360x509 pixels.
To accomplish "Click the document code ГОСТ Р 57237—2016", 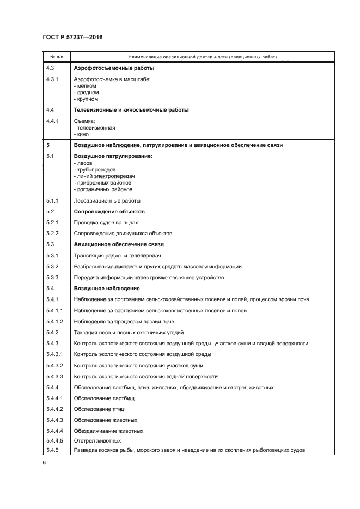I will [x=72, y=36].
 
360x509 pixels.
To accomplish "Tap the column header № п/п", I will [x=56, y=57].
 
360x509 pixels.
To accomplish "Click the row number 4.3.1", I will [x=53, y=79].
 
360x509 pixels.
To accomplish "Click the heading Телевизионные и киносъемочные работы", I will [x=131, y=110].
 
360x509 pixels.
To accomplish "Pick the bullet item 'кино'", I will [x=82, y=134].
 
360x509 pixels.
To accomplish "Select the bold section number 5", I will [x=48, y=146].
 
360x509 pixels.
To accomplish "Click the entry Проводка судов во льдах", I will [x=106, y=222].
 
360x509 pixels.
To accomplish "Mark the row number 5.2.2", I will [x=53, y=233].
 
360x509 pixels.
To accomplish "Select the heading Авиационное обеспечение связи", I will [x=119, y=244].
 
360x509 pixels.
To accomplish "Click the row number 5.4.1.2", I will [x=56, y=321].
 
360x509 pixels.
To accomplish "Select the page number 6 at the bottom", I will [x=44, y=462].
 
